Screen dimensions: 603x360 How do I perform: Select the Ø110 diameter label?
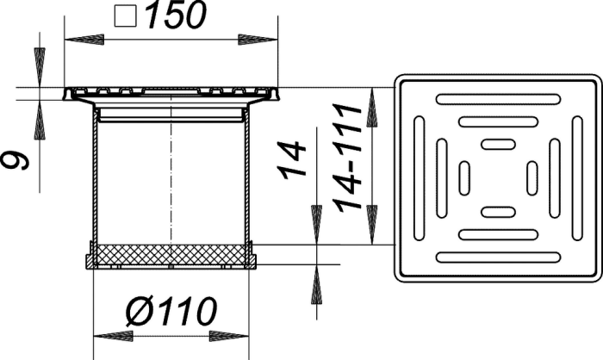(x=171, y=311)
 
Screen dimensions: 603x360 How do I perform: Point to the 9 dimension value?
(x=16, y=160)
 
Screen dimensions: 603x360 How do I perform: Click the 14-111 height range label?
(x=347, y=158)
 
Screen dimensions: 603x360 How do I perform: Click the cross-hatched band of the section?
(x=171, y=255)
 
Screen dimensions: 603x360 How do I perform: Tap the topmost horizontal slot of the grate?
(x=498, y=99)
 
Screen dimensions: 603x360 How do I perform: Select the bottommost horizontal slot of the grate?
(x=498, y=258)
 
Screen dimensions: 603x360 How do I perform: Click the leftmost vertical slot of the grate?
(x=419, y=178)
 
